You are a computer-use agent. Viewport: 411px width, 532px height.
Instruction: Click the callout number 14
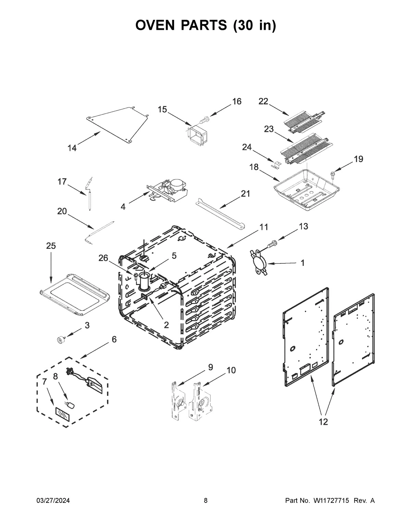pos(72,148)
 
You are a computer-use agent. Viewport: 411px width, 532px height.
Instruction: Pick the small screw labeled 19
pos(333,174)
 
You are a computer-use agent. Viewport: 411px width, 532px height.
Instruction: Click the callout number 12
pos(323,422)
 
